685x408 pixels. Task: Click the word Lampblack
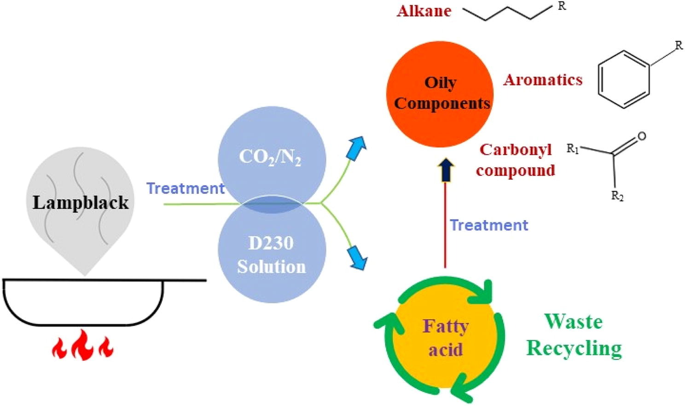81,203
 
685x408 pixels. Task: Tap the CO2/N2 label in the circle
270,157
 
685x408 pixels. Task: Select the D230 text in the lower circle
271,243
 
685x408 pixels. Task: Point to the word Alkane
424,11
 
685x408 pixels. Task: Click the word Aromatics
543,80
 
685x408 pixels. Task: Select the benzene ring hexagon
624,79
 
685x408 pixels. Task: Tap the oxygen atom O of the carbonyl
642,136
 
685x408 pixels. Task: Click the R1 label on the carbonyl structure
572,149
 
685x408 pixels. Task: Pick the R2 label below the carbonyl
617,196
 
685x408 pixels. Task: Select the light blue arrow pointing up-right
356,148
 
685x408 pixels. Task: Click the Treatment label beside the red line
489,225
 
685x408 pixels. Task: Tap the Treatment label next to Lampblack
185,188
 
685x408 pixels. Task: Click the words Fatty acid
445,338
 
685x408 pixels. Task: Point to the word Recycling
574,348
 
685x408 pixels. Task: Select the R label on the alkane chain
562,6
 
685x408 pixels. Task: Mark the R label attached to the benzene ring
679,46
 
